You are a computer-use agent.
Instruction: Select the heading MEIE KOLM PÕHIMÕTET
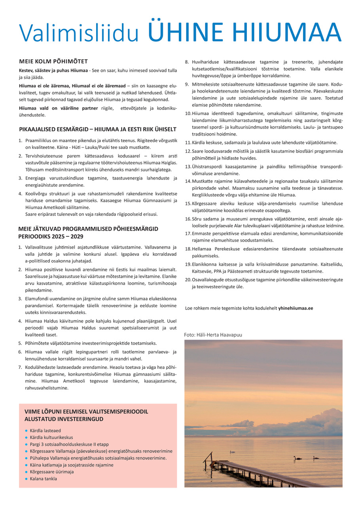click(x=53, y=61)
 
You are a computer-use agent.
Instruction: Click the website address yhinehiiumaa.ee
click(x=296, y=308)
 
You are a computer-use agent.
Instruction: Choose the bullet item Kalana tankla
click(x=43, y=479)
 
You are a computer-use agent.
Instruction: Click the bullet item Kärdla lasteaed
click(x=45, y=430)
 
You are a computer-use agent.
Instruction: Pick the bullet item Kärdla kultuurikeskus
click(x=51, y=438)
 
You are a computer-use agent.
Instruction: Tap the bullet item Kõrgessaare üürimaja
click(x=51, y=472)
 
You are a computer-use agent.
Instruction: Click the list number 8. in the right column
click(x=187, y=62)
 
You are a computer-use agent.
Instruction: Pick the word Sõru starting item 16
click(x=198, y=219)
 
